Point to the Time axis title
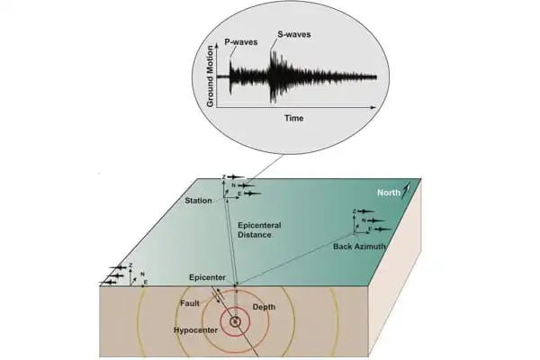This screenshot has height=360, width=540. pos(293,118)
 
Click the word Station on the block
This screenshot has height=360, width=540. pos(200,200)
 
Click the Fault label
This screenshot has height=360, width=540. pos(189,304)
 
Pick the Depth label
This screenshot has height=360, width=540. pos(265,307)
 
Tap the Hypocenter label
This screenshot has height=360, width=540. pos(193,329)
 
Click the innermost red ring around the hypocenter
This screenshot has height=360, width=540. pos(236,310)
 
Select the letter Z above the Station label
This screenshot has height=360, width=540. pos(224,179)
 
